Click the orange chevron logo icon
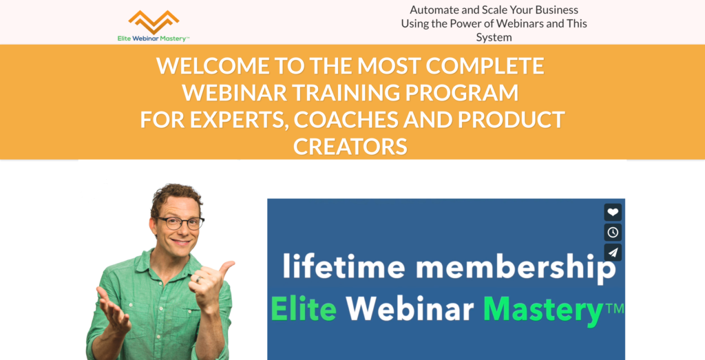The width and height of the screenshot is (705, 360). coord(154,22)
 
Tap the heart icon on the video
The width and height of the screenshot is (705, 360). coord(613,212)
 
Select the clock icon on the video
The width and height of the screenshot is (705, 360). coord(613,233)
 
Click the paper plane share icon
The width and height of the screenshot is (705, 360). coord(613,253)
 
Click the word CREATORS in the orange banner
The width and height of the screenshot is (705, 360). coord(350,146)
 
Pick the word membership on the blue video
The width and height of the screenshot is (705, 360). coord(516,268)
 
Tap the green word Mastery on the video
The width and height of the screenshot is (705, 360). coord(543,311)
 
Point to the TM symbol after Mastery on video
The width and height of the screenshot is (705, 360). coord(614,308)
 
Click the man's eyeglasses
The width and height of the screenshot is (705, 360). coord(180,223)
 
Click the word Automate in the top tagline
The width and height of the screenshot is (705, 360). coord(434,10)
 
